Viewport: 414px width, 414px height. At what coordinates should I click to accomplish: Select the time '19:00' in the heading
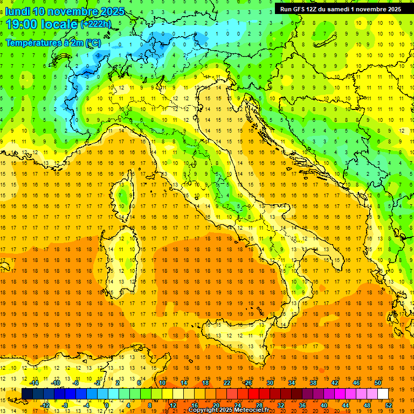pyautogui.click(x=24, y=24)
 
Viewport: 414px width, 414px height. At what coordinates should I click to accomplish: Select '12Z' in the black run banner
pyautogui.click(x=315, y=9)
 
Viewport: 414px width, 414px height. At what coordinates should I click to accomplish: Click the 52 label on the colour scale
pyautogui.click(x=389, y=405)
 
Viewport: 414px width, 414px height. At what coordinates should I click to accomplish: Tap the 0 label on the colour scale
pyautogui.click(x=107, y=405)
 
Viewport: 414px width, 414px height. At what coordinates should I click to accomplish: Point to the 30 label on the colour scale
pyautogui.click(x=270, y=383)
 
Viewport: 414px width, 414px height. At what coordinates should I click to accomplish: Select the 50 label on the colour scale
pyautogui.click(x=378, y=383)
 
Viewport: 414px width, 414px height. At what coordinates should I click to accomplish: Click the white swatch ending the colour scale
pyautogui.click(x=383, y=394)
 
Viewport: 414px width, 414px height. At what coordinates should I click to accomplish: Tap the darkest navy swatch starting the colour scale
pyautogui.click(x=27, y=394)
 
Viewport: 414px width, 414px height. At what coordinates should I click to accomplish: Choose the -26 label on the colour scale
pyautogui.click(x=247, y=383)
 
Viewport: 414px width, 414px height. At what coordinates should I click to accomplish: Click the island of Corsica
pyautogui.click(x=124, y=197)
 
